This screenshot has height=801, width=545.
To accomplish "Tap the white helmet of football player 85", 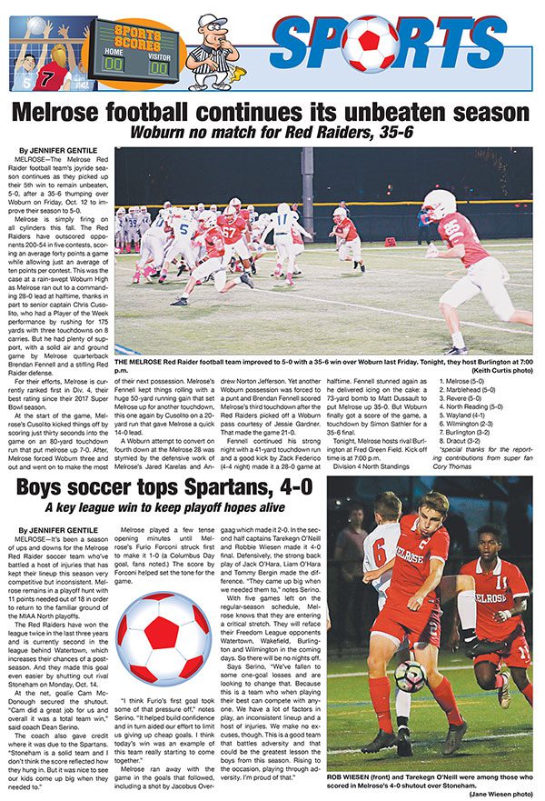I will (x=438, y=204).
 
